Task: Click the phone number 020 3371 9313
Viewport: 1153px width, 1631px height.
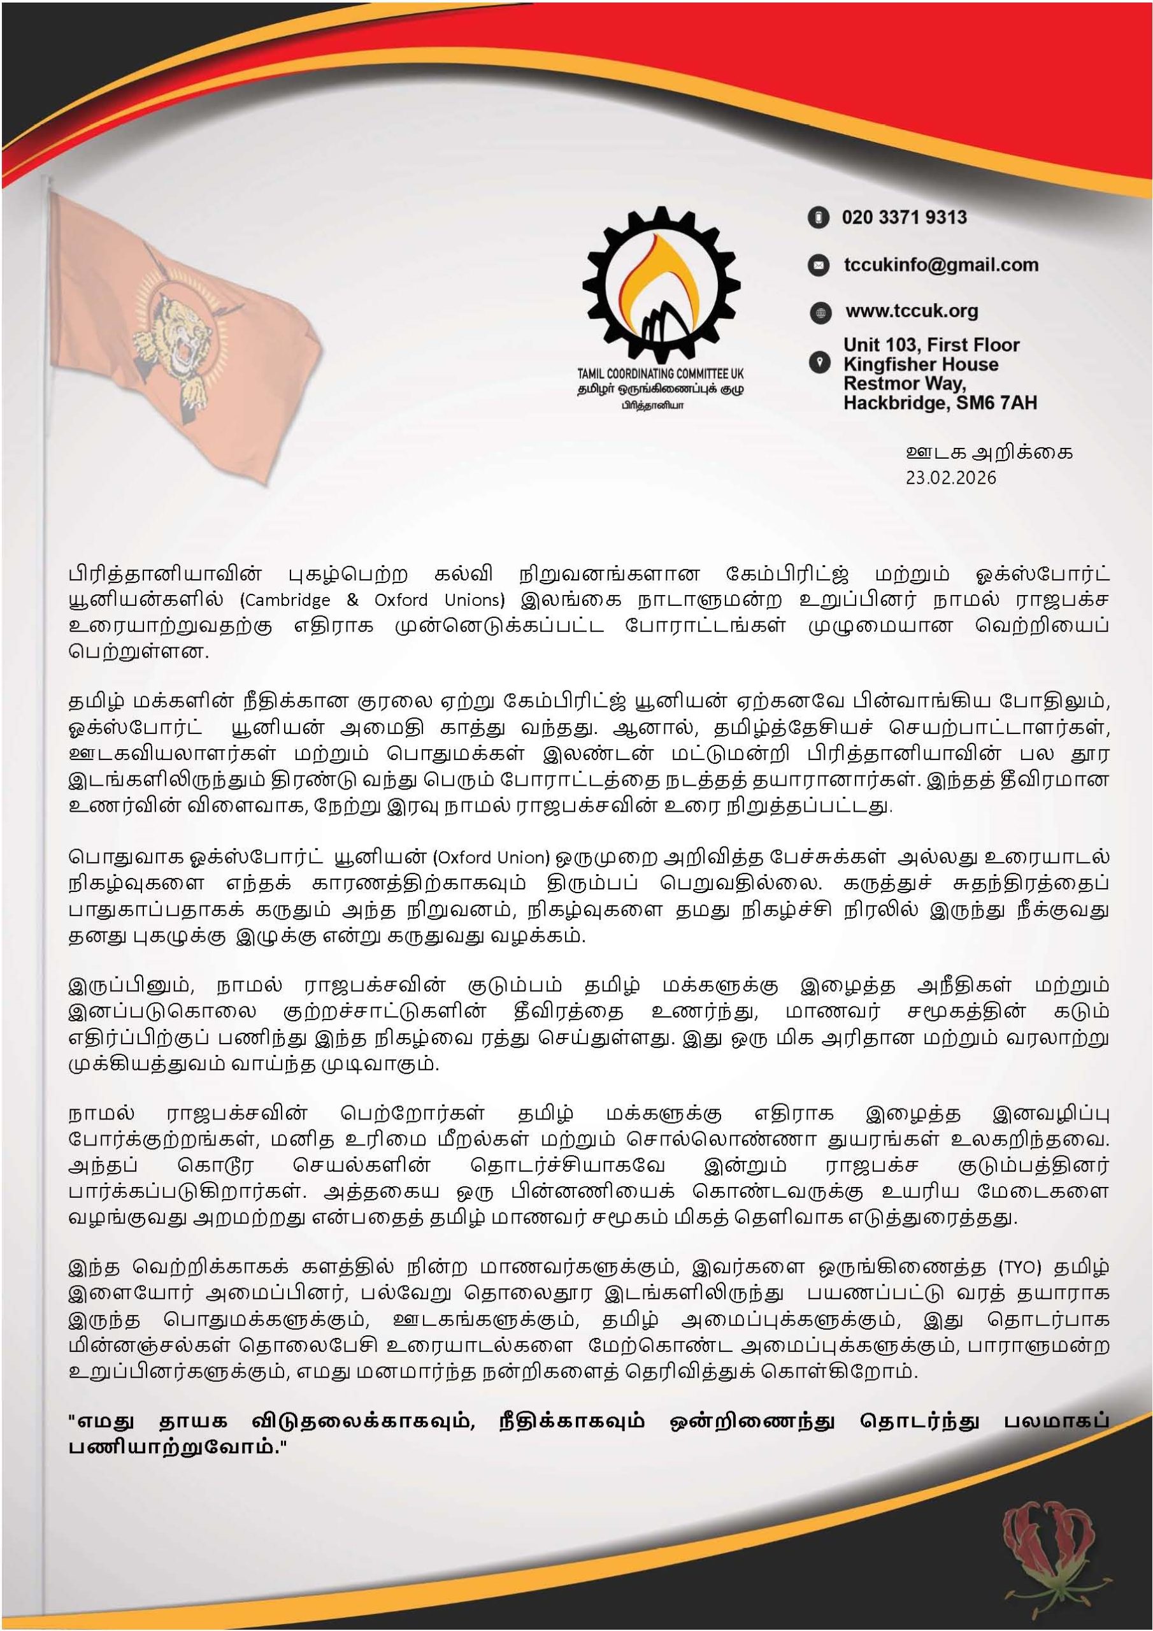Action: pyautogui.click(x=904, y=217)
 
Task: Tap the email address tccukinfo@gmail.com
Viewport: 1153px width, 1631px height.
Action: pyautogui.click(x=941, y=265)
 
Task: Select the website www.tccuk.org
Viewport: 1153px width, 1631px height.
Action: pyautogui.click(x=912, y=311)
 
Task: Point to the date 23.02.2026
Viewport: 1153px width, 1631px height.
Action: pyautogui.click(x=950, y=477)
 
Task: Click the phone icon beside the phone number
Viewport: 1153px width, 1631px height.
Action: pyautogui.click(x=819, y=218)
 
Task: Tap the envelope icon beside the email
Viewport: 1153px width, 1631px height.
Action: pyautogui.click(x=819, y=266)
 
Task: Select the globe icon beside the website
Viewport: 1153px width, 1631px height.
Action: pyautogui.click(x=820, y=313)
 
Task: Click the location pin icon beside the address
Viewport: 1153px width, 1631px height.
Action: pyautogui.click(x=819, y=363)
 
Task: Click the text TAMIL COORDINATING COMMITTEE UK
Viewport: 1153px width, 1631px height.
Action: pyautogui.click(x=660, y=373)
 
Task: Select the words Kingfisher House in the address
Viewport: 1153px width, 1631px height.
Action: pyautogui.click(x=920, y=364)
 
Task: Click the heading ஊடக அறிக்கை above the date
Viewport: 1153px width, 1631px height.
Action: pyautogui.click(x=989, y=452)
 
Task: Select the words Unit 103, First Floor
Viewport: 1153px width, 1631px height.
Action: pyautogui.click(x=931, y=345)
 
